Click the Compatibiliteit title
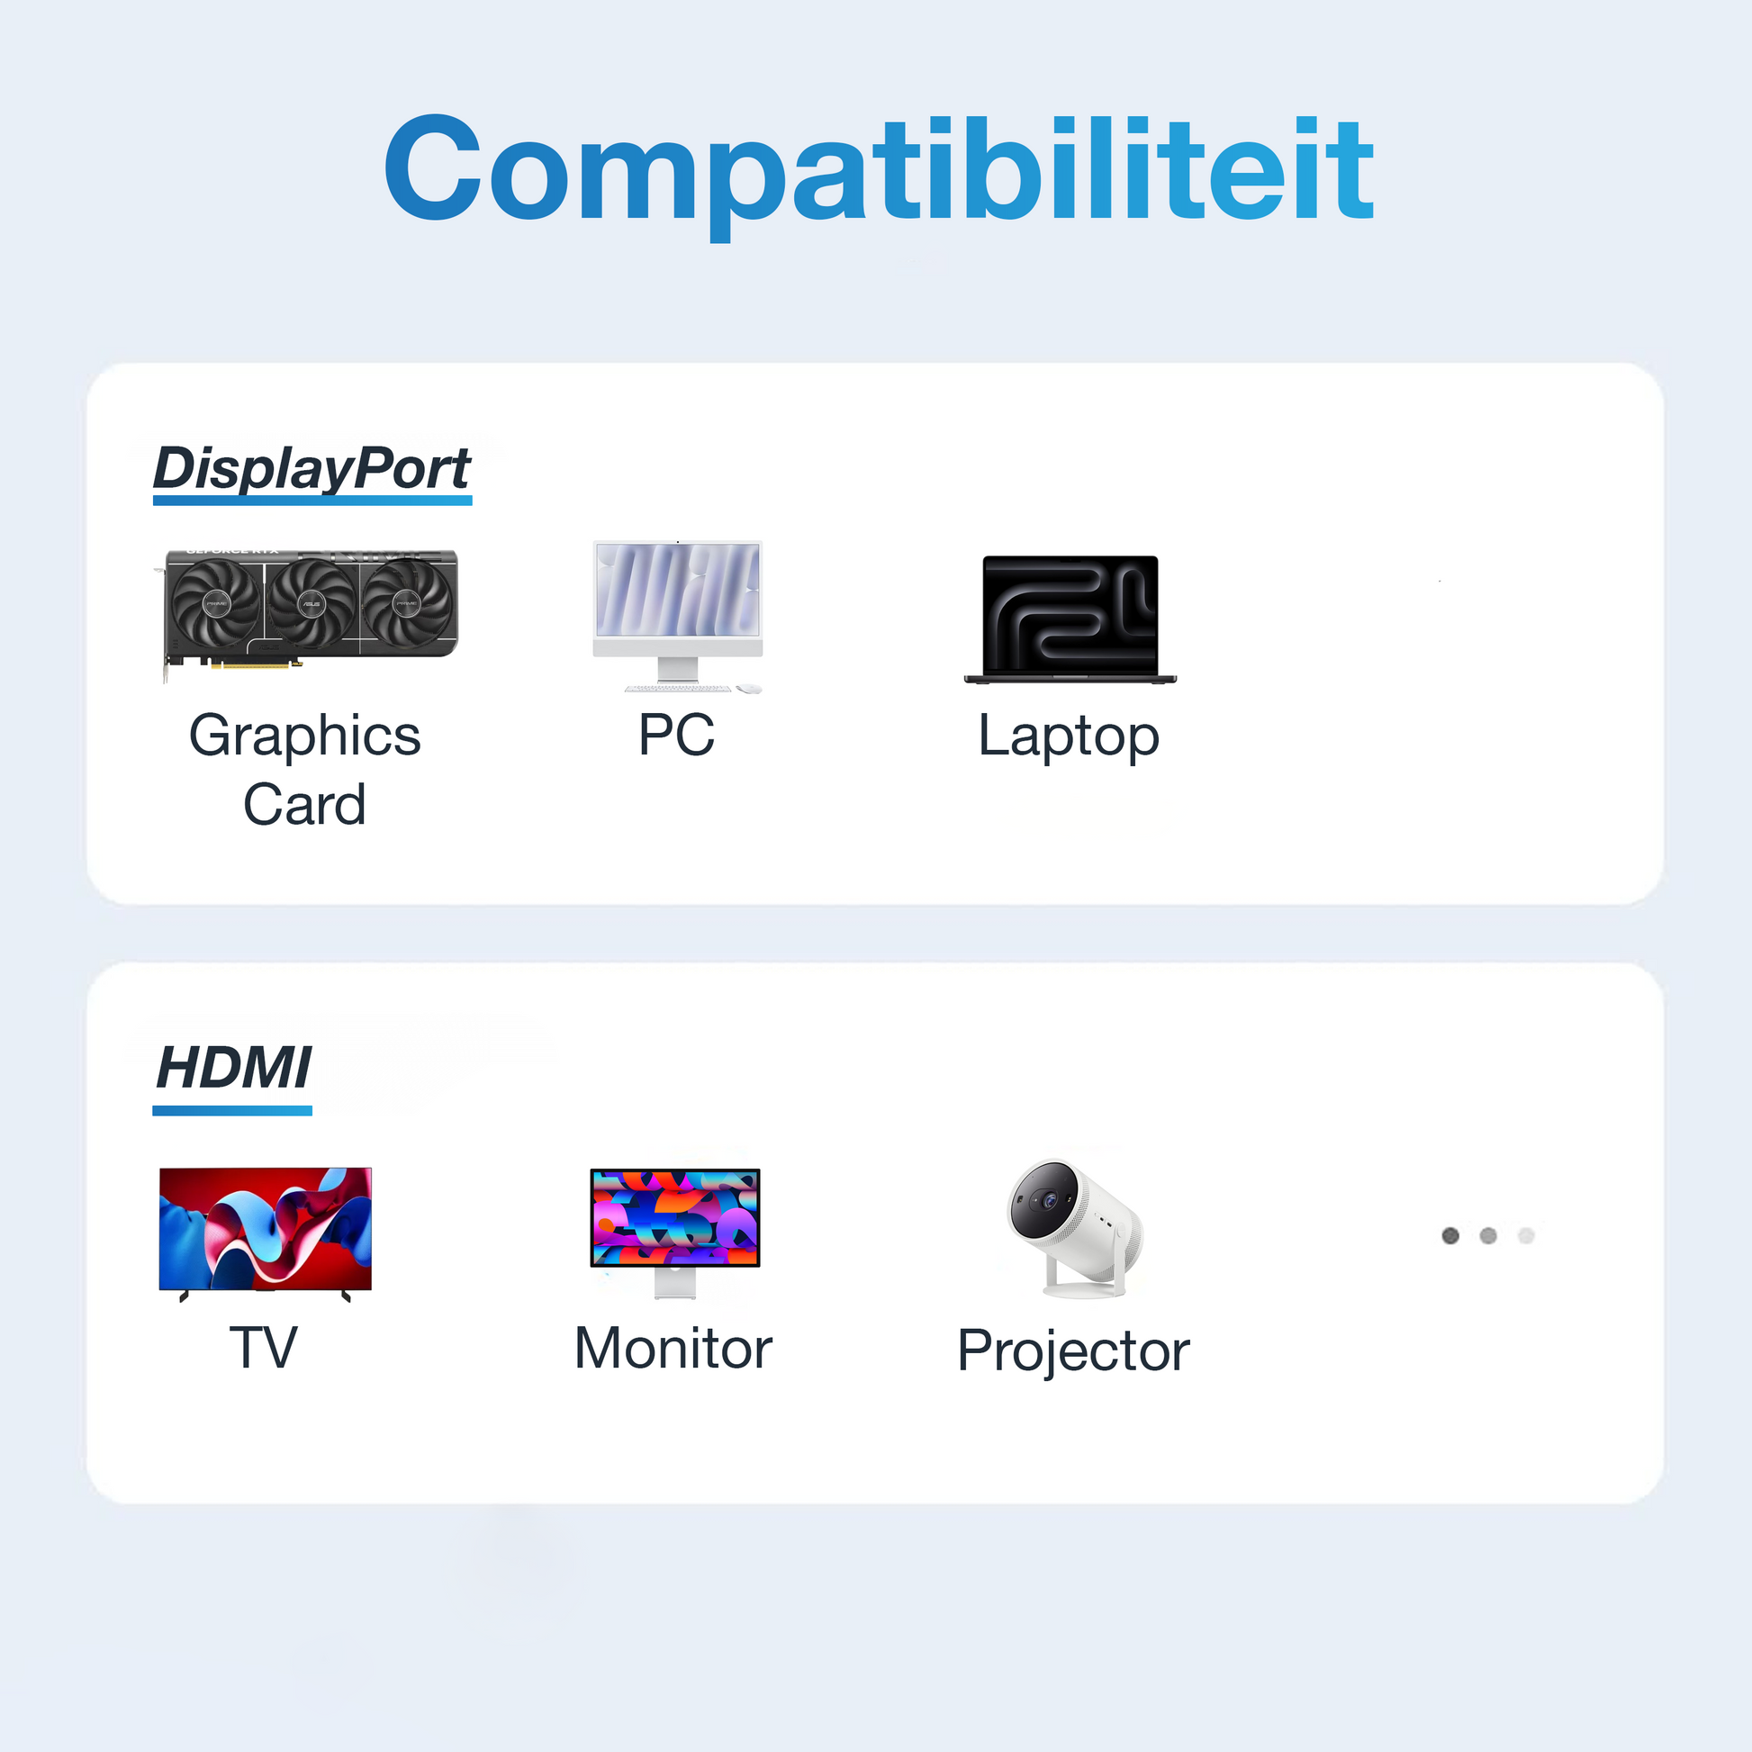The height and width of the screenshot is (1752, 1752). pos(878,169)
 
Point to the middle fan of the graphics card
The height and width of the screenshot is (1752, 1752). pos(311,602)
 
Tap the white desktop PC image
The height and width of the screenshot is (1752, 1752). pos(677,615)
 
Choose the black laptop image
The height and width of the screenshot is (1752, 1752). pos(1070,619)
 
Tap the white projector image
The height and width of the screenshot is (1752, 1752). pos(1076,1226)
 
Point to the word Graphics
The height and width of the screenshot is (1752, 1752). pos(304,736)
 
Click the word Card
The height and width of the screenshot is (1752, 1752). pos(304,804)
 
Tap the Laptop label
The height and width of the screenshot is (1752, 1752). pos(1069,736)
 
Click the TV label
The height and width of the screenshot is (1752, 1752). pos(263,1348)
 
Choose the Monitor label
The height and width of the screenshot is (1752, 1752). pos(673,1349)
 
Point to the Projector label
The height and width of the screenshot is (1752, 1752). pos(1073,1351)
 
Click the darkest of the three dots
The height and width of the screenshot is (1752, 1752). pos(1450,1235)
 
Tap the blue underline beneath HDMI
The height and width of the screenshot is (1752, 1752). pos(232,1111)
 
